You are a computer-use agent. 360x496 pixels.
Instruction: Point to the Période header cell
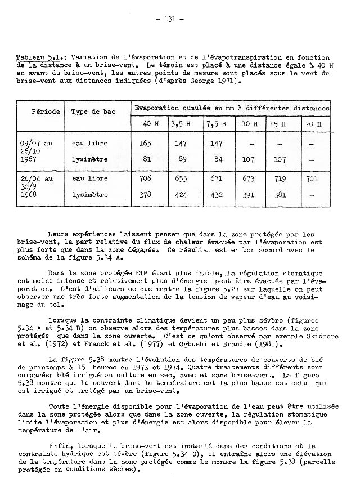(46, 111)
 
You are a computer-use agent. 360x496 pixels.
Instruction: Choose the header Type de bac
(93, 111)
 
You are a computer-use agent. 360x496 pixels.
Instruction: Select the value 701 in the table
(312, 178)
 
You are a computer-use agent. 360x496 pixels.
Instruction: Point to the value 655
(181, 178)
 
